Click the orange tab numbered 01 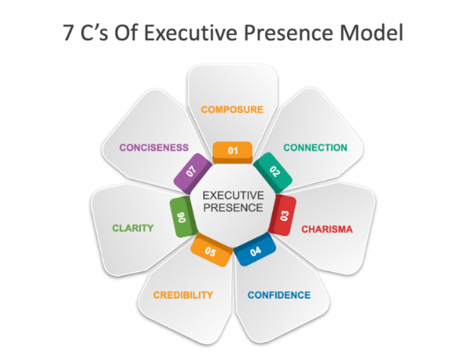(x=233, y=150)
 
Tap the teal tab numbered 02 (x=274, y=171)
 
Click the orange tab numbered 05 (x=210, y=251)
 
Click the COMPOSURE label (x=232, y=109)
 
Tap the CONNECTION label (x=315, y=148)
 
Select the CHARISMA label (x=327, y=230)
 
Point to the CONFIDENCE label (x=279, y=295)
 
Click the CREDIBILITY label (x=183, y=295)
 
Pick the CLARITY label (x=132, y=228)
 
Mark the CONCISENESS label (x=154, y=148)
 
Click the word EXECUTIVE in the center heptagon (x=233, y=195)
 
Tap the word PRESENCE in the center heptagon (x=233, y=208)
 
